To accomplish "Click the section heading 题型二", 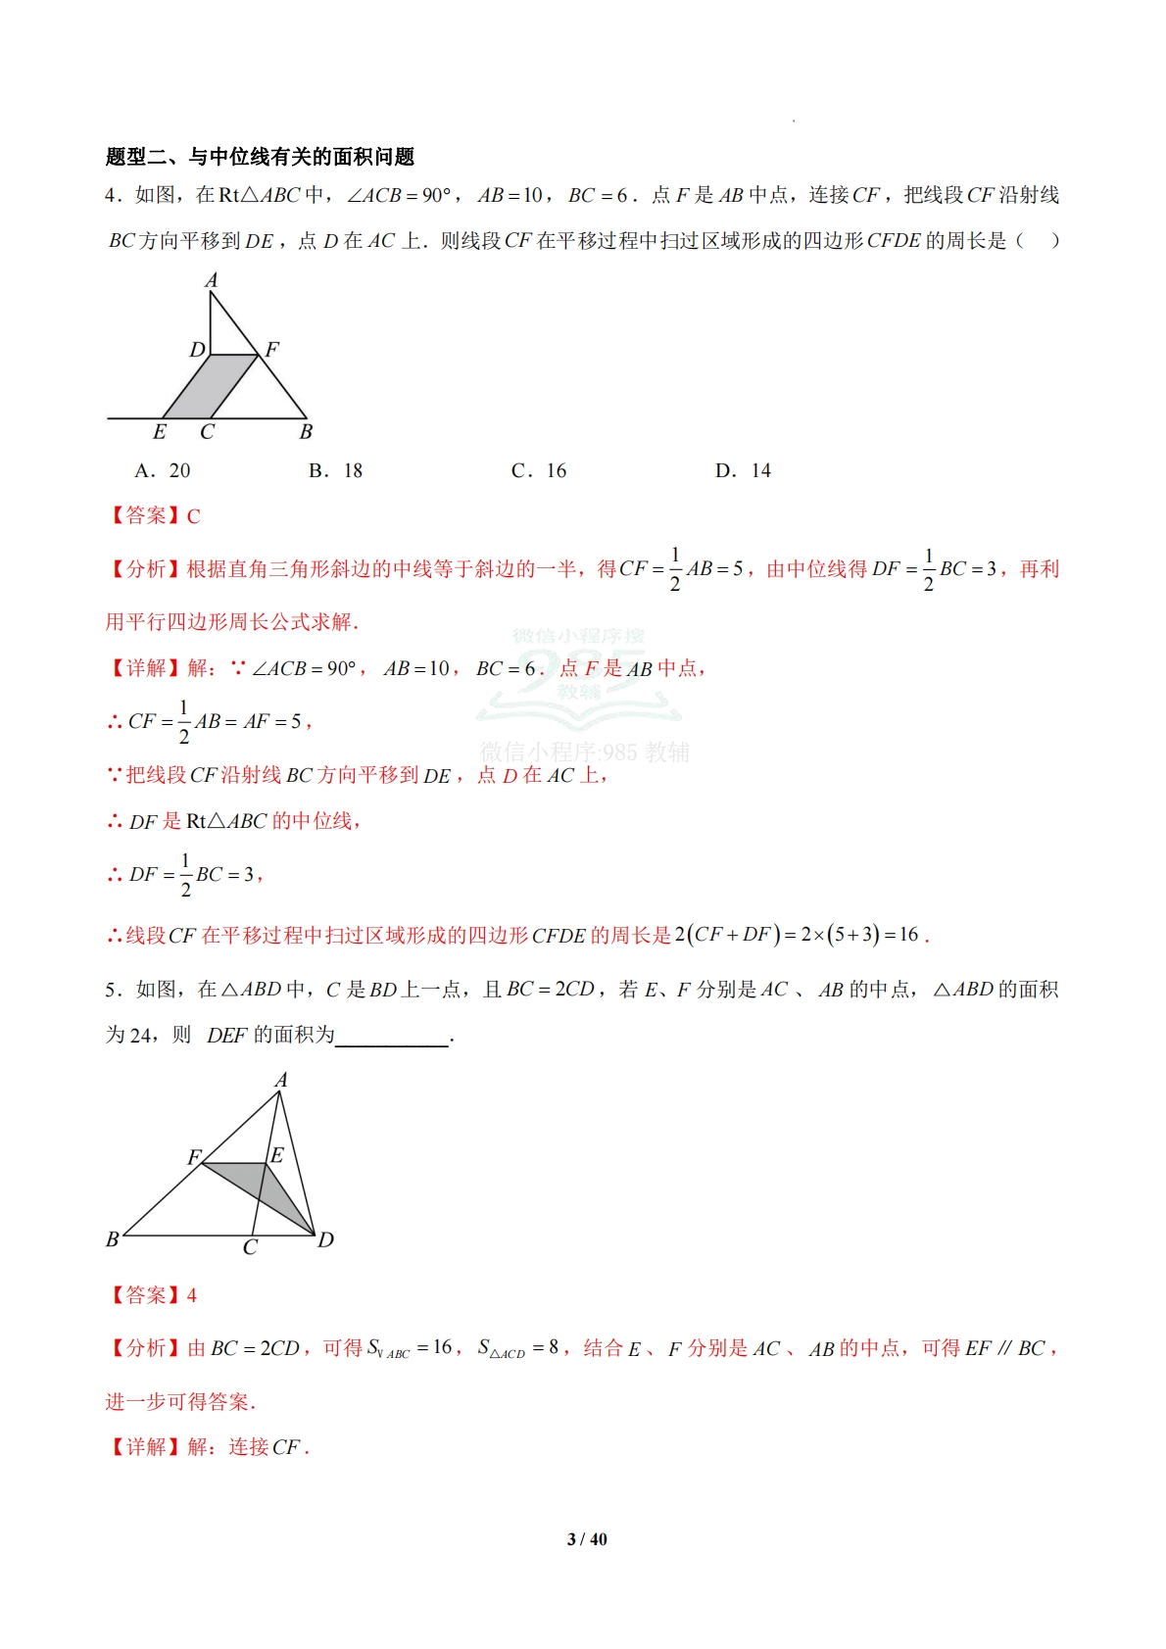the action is (x=260, y=157).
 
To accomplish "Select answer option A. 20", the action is (x=163, y=471).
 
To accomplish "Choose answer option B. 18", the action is (x=335, y=471).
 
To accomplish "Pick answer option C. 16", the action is (x=539, y=471).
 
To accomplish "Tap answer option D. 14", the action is (x=743, y=471).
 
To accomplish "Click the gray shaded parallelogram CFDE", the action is (x=210, y=387).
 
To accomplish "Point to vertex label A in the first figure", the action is (x=211, y=281).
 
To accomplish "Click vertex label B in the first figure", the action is (x=306, y=432).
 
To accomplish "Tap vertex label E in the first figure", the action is (x=160, y=432).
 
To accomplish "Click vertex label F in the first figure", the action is (x=272, y=349).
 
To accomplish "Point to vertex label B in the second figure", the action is (x=113, y=1239).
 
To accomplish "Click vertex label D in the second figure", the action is (x=326, y=1240).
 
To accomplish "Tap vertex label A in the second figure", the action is (x=281, y=1080).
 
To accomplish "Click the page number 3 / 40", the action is (x=587, y=1539).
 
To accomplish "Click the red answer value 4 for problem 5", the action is (x=192, y=1296).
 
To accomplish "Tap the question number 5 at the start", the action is (x=111, y=991).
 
